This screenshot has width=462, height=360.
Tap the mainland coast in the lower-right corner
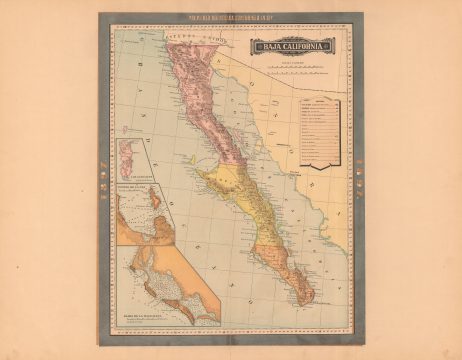335,300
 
